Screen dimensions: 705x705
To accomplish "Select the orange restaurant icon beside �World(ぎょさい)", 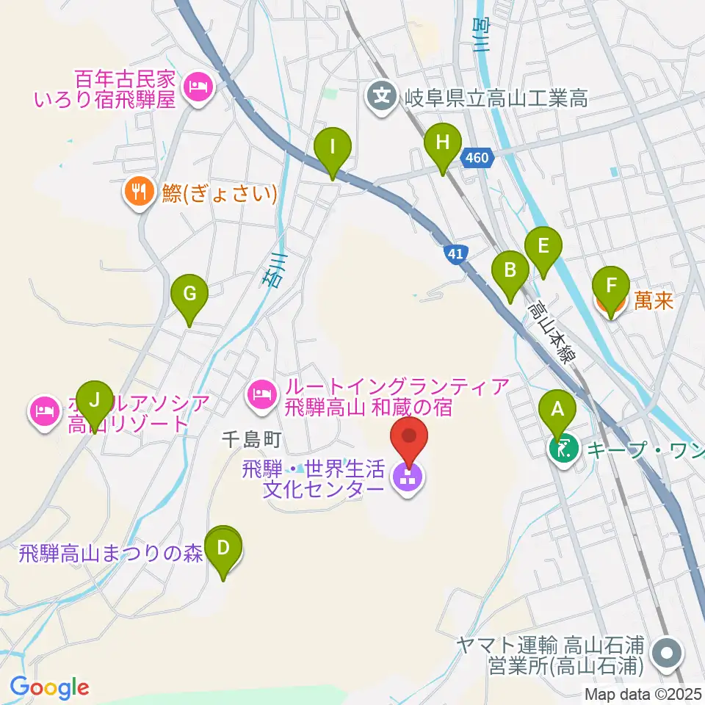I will pyautogui.click(x=138, y=194).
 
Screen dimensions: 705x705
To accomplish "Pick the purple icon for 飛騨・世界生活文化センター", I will pyautogui.click(x=408, y=478).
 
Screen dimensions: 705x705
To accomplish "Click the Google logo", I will pyautogui.click(x=49, y=688).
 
